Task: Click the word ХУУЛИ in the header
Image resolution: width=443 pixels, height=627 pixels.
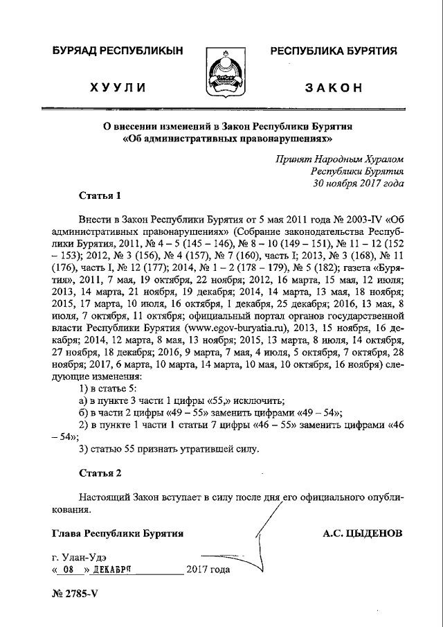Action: pos(117,87)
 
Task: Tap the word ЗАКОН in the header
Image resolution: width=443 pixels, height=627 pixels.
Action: pos(334,87)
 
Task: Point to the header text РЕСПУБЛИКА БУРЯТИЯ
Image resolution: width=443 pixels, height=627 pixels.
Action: pos(334,51)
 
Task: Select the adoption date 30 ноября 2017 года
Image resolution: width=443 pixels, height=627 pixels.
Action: pos(358,183)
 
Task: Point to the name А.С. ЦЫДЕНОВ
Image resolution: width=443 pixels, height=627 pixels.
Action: pos(362,533)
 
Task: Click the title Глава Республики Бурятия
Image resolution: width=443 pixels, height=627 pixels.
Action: pos(118,533)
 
